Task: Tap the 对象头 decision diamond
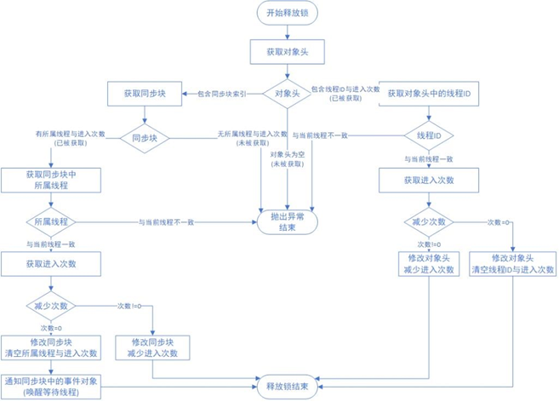[x=286, y=93]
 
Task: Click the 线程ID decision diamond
[x=429, y=136]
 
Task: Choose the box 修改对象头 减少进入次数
[x=429, y=264]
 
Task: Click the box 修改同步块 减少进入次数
[x=152, y=347]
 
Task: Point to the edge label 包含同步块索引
[x=222, y=93]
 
